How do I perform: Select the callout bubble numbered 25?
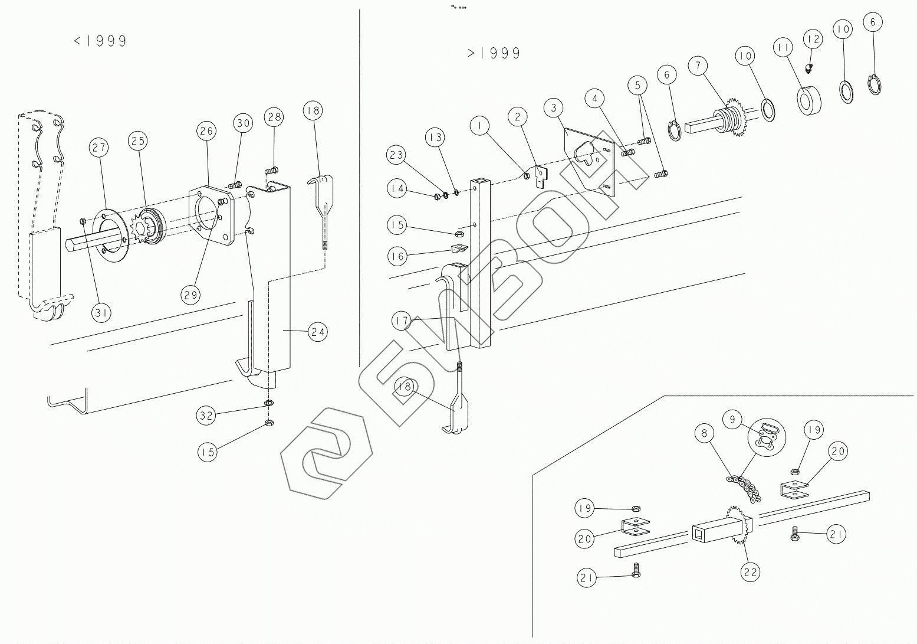click(139, 141)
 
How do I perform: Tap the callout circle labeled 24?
click(318, 332)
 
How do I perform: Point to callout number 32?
click(206, 416)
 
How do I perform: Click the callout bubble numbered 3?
click(554, 107)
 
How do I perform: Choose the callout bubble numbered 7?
click(698, 66)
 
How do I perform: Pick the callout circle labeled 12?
click(813, 40)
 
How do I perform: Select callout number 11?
click(784, 48)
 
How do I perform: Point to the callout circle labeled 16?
click(397, 256)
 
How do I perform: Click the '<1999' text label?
click(100, 41)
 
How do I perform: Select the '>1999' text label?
click(494, 53)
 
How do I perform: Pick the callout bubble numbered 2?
click(518, 117)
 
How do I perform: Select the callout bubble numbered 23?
click(397, 156)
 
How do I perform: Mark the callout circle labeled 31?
click(101, 313)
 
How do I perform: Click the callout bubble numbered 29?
click(190, 295)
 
